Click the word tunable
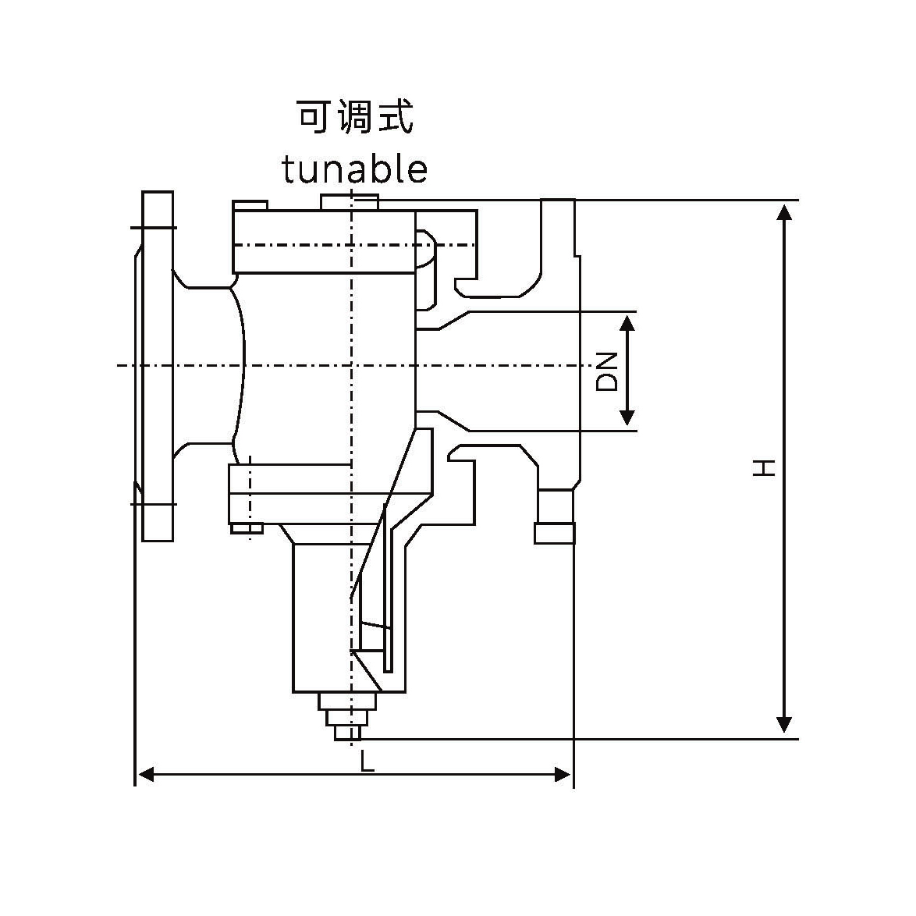(355, 169)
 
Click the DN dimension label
(607, 371)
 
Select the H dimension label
(764, 467)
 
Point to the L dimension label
(367, 761)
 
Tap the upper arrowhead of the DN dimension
(628, 321)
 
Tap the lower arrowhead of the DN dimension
(628, 419)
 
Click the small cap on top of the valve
(350, 201)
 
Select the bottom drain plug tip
(347, 733)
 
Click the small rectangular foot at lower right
(555, 533)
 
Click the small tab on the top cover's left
(250, 205)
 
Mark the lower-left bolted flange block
(250, 494)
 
